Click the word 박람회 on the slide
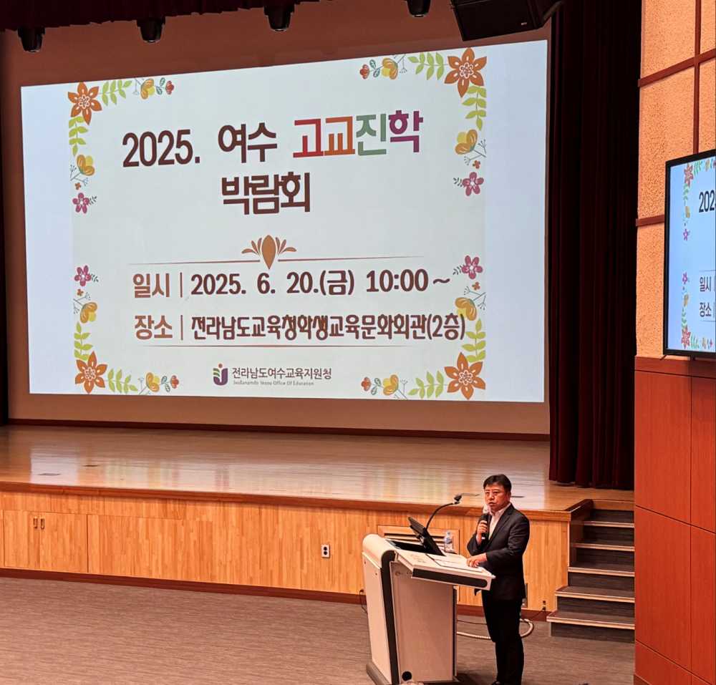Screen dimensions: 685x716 (266, 193)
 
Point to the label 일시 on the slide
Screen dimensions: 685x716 (151, 285)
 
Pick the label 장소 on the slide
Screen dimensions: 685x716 (153, 328)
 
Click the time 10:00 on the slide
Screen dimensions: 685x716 (397, 281)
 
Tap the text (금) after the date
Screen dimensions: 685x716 (337, 283)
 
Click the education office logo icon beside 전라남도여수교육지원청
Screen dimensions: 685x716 (220, 374)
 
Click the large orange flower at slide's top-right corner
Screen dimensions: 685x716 (465, 70)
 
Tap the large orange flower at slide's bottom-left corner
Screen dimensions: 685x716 (90, 372)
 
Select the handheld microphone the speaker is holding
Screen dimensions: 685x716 (484, 521)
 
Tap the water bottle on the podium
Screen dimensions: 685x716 (448, 542)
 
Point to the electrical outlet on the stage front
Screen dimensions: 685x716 (325, 550)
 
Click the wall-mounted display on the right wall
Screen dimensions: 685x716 (690, 254)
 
